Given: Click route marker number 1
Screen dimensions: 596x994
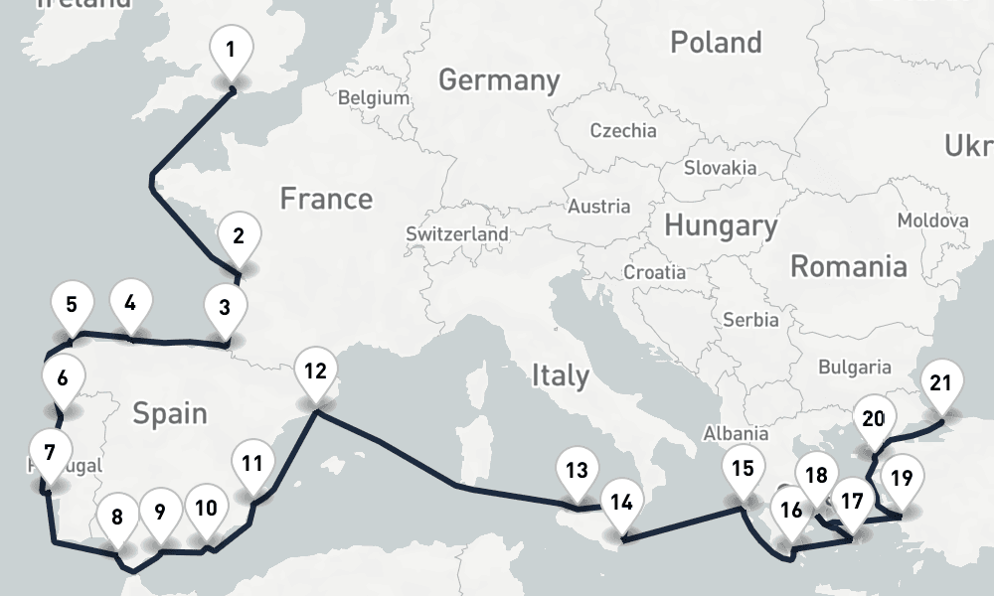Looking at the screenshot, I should [231, 49].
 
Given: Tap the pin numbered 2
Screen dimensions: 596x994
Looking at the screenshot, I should [238, 236].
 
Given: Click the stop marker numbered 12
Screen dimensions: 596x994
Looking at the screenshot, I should [315, 372].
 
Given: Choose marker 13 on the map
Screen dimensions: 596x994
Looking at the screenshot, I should [577, 472].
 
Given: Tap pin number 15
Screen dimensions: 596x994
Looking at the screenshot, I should [742, 469].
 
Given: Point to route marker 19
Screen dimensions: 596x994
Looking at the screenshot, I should [901, 478].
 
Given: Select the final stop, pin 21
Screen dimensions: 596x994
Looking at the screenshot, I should [940, 383].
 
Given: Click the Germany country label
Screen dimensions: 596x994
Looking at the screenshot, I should [499, 79].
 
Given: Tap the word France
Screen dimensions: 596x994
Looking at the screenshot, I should [326, 199].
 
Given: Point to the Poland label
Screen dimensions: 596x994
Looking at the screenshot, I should [716, 43].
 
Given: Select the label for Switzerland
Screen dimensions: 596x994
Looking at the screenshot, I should [457, 234].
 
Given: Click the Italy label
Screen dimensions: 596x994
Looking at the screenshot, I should [561, 375].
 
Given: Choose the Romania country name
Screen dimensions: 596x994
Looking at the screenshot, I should [848, 266].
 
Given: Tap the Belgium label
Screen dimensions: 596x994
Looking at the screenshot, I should [374, 98].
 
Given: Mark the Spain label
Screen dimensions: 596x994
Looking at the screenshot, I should [170, 412].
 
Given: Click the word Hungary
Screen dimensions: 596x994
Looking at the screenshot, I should [721, 225].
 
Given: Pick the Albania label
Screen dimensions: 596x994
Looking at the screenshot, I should [736, 433].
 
